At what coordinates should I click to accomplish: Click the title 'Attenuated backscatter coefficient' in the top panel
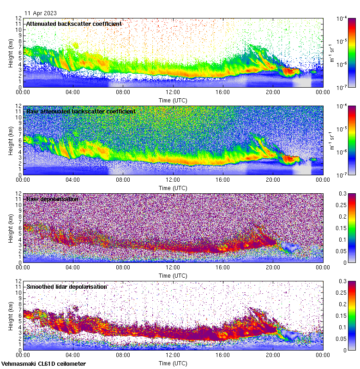74,24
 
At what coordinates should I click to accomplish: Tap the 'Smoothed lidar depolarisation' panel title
66,286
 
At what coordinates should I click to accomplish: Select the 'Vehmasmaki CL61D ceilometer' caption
43,364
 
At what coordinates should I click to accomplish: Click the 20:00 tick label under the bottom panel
273,355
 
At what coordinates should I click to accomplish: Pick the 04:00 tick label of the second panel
73,180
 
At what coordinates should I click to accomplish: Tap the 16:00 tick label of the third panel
222,268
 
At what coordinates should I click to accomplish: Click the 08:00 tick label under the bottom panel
123,355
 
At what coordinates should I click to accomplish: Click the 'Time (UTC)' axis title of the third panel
173,275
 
